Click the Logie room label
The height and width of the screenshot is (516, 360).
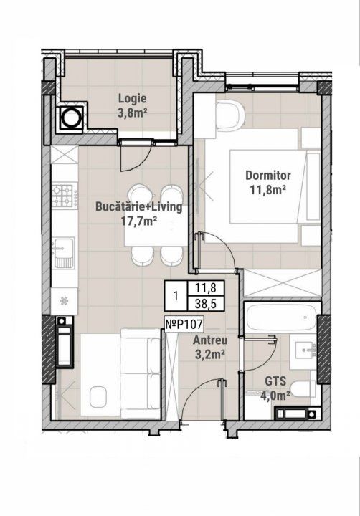133,98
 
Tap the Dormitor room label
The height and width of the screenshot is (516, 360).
268,175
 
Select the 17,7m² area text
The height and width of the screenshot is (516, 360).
138,221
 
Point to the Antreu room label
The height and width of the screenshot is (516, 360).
210,340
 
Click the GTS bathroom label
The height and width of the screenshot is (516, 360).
275,381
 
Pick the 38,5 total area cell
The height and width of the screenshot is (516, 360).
205,303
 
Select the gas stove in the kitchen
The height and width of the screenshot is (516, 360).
65,195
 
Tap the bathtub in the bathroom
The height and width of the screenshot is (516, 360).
283,317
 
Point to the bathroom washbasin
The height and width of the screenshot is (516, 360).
303,350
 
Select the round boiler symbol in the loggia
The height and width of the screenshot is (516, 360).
70,118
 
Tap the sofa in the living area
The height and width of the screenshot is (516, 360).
141,373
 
